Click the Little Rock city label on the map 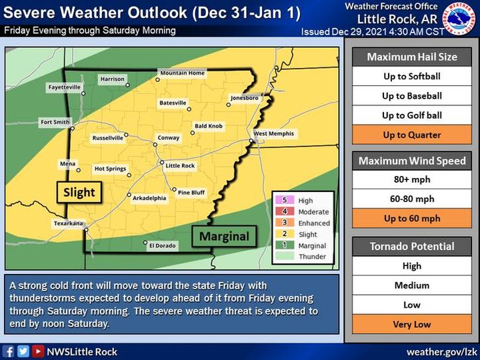180,165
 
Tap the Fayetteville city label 64,87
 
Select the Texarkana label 67,223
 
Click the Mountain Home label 181,72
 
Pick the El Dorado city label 162,245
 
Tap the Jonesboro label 244,98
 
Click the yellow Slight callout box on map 79,193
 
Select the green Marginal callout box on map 225,236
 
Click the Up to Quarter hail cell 411,135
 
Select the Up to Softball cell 411,76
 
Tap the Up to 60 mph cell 411,218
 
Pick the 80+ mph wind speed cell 411,179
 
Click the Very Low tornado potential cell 411,325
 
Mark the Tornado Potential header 411,246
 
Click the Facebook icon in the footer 9,351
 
